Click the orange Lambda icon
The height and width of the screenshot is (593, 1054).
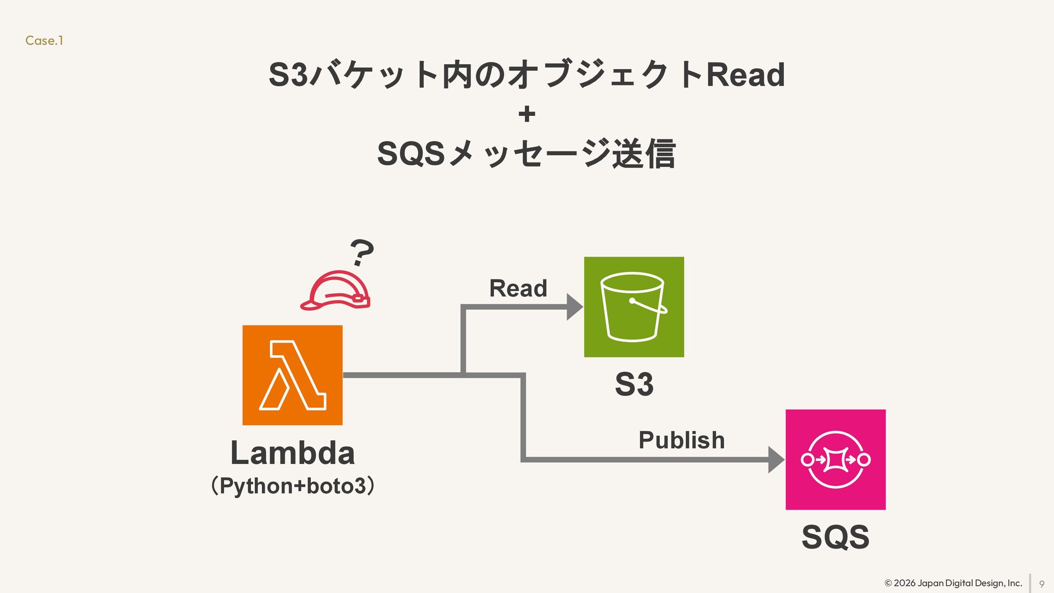click(x=292, y=375)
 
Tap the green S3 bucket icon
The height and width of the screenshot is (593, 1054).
click(x=633, y=307)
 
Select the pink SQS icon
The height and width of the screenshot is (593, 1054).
click(x=835, y=460)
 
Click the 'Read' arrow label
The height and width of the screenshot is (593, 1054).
click(x=518, y=288)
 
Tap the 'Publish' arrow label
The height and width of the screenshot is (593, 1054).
click(x=681, y=440)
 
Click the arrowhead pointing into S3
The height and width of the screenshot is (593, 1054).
click(x=574, y=307)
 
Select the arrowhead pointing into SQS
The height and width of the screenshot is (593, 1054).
click(x=776, y=460)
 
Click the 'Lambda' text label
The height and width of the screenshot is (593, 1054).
click(x=292, y=453)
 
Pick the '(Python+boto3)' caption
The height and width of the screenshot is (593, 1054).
click(x=293, y=486)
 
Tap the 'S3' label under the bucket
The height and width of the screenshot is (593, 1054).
click(x=634, y=384)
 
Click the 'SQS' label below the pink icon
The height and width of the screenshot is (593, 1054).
click(x=835, y=536)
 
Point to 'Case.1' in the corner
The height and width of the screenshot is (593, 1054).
click(x=44, y=41)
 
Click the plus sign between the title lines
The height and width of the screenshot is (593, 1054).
click(x=526, y=114)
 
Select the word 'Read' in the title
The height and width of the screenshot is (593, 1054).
click(x=745, y=75)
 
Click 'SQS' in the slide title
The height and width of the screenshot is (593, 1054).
click(x=411, y=154)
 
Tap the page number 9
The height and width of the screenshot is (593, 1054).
click(x=1041, y=584)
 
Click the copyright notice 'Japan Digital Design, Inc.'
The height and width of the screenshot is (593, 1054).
click(x=969, y=583)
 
